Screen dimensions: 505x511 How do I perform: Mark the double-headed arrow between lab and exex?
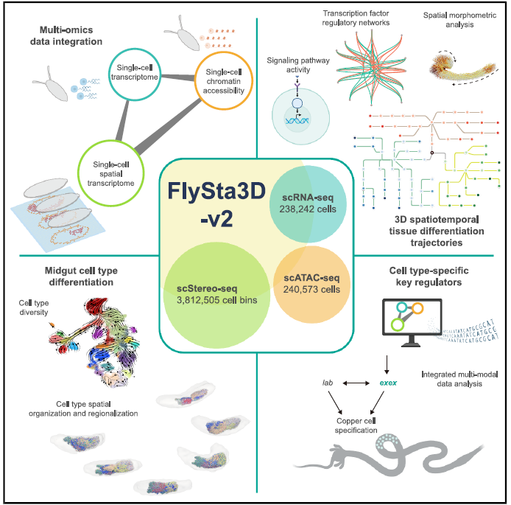358,384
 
